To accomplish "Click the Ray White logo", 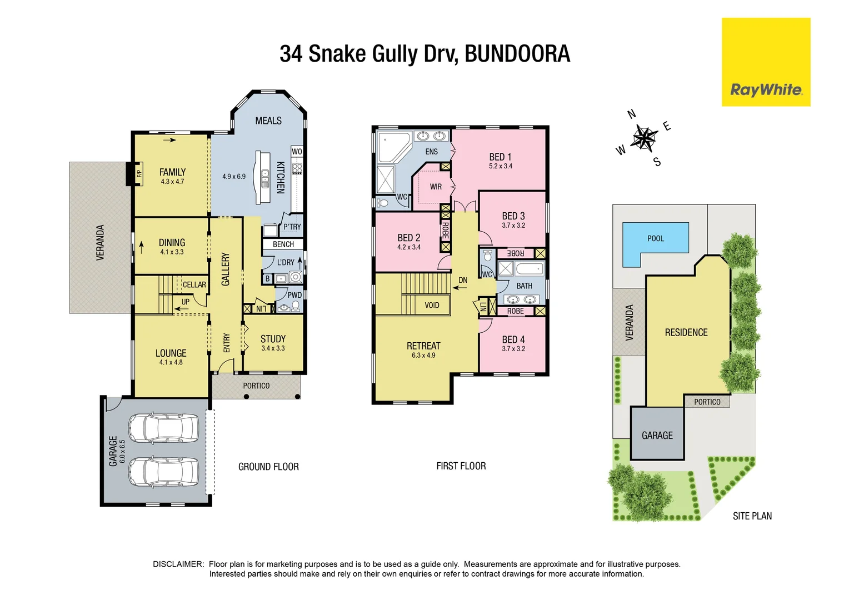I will [x=766, y=89].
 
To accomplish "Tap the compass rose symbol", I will [x=644, y=137].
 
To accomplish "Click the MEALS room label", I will [x=268, y=121].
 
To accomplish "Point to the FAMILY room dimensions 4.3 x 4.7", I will [x=172, y=182].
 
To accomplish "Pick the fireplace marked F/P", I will [x=139, y=173].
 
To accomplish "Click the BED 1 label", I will [x=500, y=157].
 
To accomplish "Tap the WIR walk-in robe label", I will [x=436, y=187].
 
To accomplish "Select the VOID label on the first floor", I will [x=432, y=305].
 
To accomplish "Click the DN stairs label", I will [x=463, y=280].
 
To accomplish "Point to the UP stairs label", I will [x=185, y=302].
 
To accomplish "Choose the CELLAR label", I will [x=194, y=284].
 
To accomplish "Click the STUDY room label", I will [x=273, y=339].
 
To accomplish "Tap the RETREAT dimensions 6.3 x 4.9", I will [x=423, y=356].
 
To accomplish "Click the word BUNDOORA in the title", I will [x=517, y=54].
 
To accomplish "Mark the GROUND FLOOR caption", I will [x=268, y=467].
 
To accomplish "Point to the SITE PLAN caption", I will [x=752, y=516].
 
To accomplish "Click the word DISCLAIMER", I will [x=178, y=564].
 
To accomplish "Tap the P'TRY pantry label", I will [x=292, y=227].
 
